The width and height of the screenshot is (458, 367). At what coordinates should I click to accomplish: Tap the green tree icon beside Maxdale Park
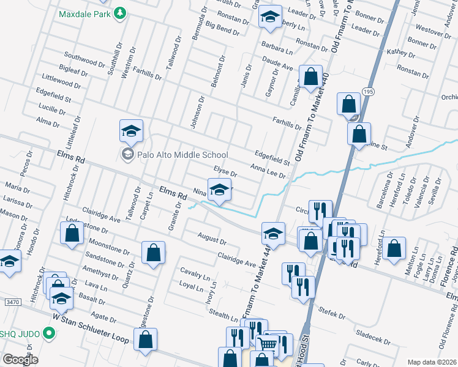[x=121, y=13]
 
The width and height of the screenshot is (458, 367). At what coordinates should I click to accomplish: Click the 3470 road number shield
[x=15, y=302]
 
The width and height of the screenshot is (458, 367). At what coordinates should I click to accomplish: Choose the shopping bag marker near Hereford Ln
[x=396, y=248]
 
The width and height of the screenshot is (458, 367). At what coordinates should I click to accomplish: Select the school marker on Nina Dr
[x=219, y=190]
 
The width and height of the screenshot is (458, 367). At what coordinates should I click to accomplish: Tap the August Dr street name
[x=212, y=237]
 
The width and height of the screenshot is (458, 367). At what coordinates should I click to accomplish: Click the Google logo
[x=21, y=360]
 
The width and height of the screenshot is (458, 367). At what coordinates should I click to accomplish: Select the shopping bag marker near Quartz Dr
[x=153, y=252]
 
